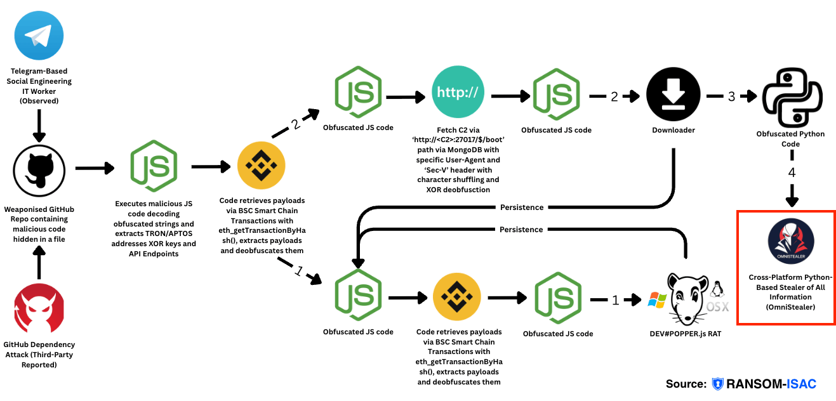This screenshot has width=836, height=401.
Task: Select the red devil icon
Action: point(39,310)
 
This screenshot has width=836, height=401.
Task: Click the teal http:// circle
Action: point(458,95)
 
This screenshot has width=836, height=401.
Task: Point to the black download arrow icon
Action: point(673,95)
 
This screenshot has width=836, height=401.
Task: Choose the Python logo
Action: point(791,98)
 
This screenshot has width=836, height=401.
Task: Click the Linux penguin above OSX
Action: point(718,290)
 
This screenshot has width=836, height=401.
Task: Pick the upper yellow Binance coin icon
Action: point(261,167)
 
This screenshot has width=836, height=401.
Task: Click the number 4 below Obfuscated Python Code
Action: point(792,173)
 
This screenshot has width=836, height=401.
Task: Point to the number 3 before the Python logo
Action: point(731,96)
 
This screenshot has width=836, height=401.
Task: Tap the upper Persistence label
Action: point(521,207)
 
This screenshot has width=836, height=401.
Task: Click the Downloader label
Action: point(673,130)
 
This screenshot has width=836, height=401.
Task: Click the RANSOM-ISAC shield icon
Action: point(717,384)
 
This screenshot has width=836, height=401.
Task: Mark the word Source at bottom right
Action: point(686,384)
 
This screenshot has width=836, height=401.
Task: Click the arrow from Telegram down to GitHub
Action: point(39,126)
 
